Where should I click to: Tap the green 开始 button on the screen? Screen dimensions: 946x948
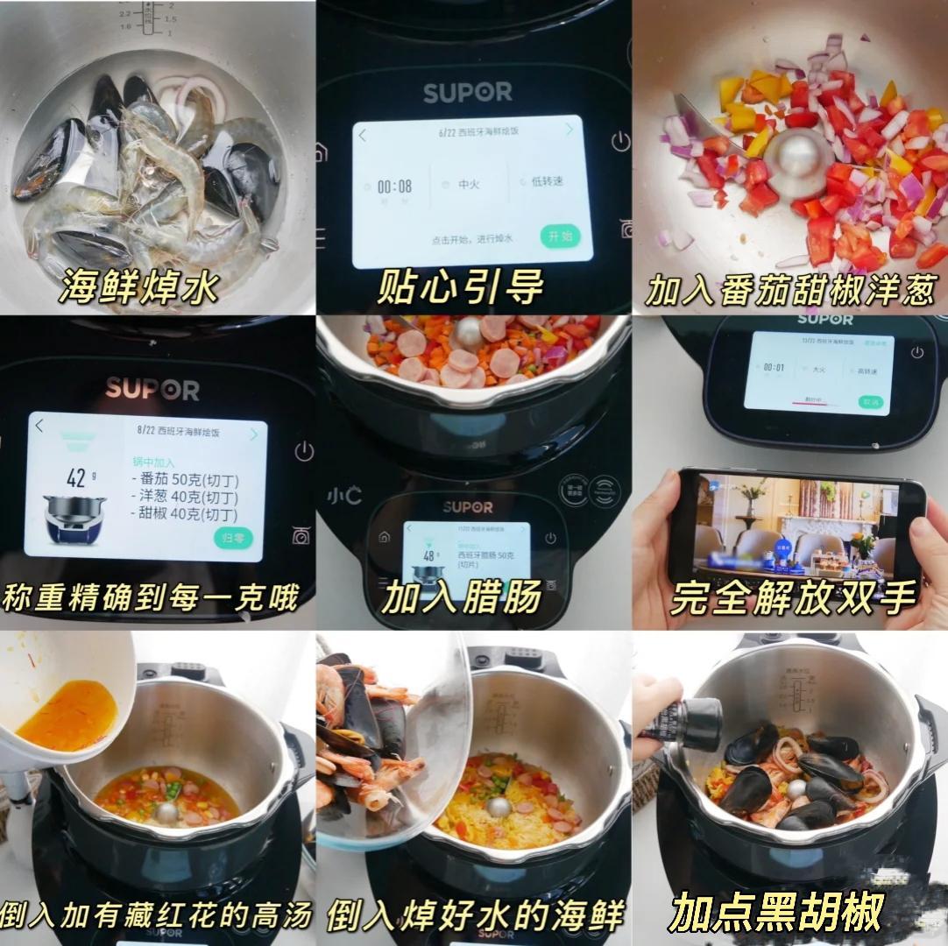click(x=560, y=236)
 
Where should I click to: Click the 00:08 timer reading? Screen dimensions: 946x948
click(x=394, y=187)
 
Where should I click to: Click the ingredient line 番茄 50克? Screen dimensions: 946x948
click(x=185, y=480)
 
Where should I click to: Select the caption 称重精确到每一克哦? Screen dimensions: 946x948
click(x=150, y=599)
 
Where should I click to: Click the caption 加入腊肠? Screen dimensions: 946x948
click(x=461, y=599)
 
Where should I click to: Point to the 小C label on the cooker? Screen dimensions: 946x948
click(x=345, y=496)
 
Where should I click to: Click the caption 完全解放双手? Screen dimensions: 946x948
click(x=793, y=599)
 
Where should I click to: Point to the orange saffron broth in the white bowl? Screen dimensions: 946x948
click(x=66, y=714)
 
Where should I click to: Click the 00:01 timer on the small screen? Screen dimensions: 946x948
click(x=774, y=368)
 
